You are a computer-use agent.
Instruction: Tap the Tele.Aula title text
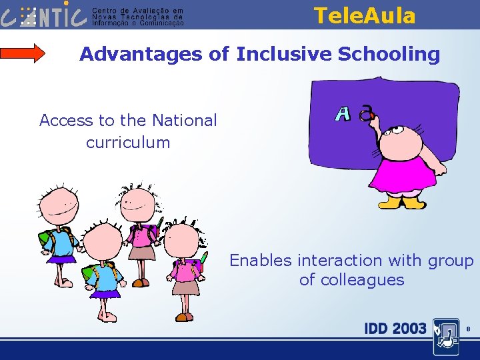(364, 15)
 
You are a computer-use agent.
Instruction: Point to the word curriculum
(128, 142)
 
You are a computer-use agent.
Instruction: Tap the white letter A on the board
(343, 114)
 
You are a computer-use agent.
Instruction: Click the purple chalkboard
(413, 107)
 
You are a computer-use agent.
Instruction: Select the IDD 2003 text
(395, 328)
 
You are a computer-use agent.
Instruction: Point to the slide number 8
(469, 329)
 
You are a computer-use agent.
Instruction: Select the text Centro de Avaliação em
(137, 11)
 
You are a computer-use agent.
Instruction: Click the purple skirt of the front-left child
(105, 293)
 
